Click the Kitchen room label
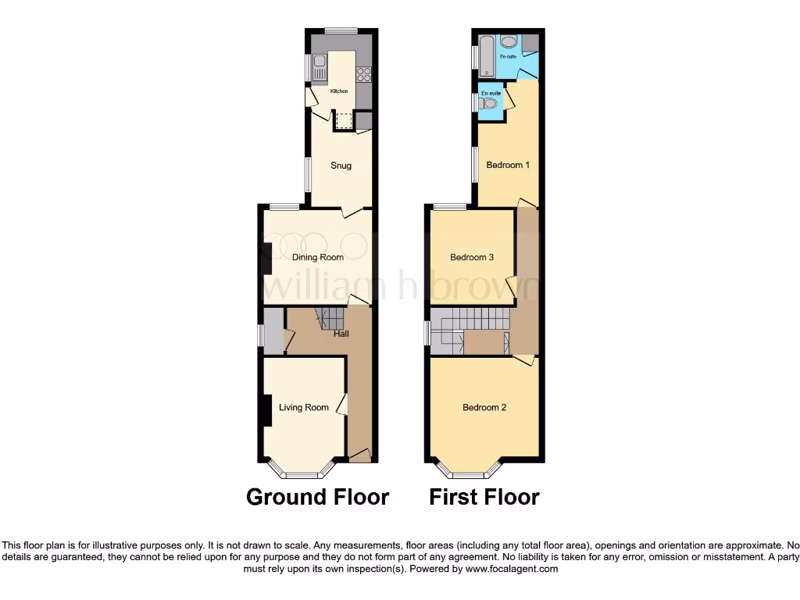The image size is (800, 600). click(x=339, y=91)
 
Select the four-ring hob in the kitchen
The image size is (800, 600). click(x=364, y=74)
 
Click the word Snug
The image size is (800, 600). click(x=341, y=166)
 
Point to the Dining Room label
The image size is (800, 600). click(x=318, y=257)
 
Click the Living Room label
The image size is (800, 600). click(x=305, y=407)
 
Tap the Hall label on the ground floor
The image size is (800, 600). click(x=341, y=334)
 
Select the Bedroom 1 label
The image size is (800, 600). click(x=508, y=166)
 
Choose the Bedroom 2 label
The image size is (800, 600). click(x=485, y=407)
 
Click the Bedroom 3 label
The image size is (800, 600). click(x=472, y=257)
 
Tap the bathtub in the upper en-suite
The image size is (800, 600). click(x=485, y=53)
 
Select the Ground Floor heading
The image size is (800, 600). click(x=317, y=497)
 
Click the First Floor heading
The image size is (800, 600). click(x=484, y=497)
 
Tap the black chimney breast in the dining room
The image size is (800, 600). click(x=267, y=258)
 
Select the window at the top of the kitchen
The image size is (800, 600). click(x=341, y=30)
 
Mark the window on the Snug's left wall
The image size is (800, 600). click(x=307, y=173)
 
